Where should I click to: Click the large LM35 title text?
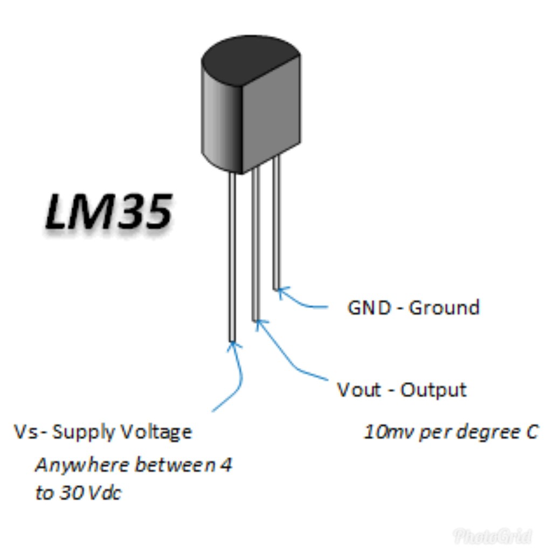tap(108, 212)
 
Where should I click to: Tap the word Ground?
tap(444, 308)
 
